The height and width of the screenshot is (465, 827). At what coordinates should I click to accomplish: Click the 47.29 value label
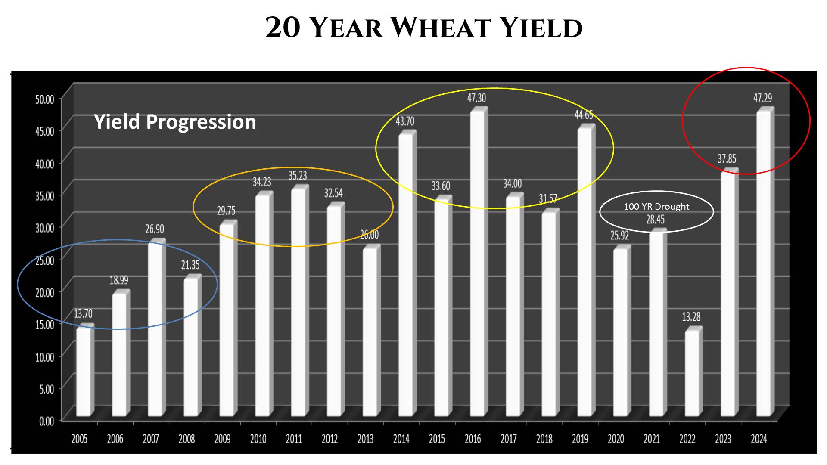(762, 98)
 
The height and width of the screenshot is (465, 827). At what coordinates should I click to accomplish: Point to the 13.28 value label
(691, 317)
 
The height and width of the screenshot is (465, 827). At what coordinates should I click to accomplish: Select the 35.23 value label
(298, 176)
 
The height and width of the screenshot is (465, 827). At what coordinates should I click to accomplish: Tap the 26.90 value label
(155, 229)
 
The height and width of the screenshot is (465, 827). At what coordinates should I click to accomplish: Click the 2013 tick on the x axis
(365, 439)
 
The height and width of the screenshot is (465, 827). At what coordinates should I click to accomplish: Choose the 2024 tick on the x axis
(759, 439)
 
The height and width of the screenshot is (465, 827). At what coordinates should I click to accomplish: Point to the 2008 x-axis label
(187, 439)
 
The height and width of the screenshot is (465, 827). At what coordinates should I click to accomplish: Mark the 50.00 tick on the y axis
(45, 99)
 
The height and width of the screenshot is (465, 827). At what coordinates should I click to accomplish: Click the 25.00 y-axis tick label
(45, 260)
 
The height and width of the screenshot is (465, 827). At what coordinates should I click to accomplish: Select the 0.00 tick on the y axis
(47, 421)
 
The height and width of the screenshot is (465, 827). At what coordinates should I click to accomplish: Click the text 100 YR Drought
(656, 207)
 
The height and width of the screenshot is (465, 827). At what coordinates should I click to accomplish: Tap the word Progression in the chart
(201, 122)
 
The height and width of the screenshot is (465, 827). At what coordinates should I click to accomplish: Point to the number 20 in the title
(283, 28)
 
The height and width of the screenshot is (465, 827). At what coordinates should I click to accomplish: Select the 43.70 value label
(405, 121)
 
